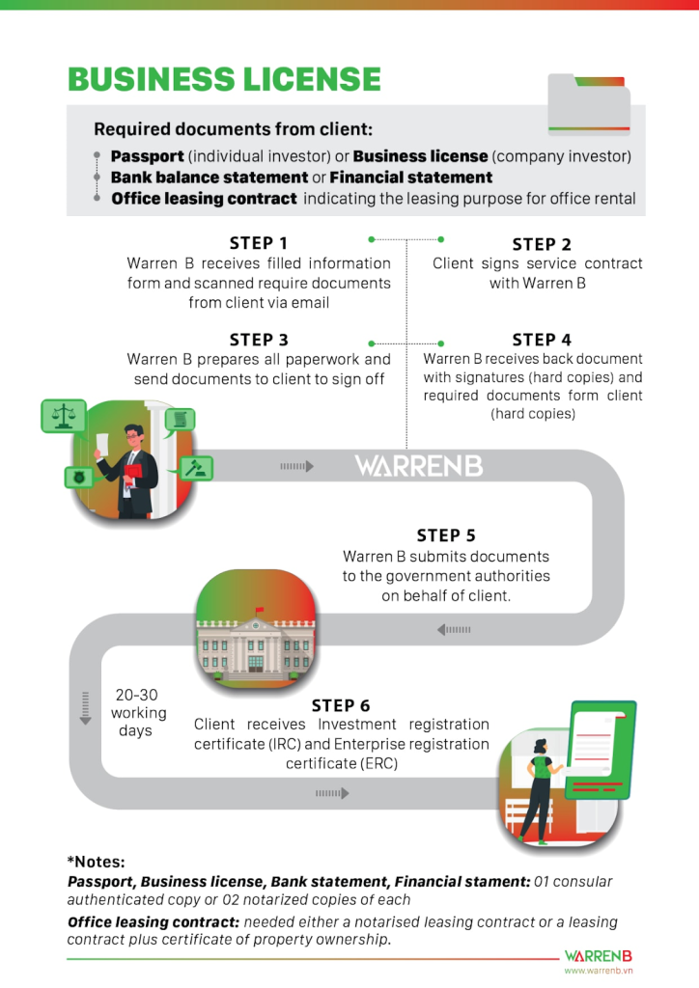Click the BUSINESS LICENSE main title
click(224, 79)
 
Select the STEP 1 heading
click(259, 243)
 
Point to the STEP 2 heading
click(542, 244)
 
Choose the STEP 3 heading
click(259, 340)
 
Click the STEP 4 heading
click(542, 340)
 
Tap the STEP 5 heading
click(446, 535)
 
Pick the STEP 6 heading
click(341, 705)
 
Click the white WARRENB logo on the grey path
click(418, 466)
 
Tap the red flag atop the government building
click(259, 609)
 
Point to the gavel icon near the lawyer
click(197, 469)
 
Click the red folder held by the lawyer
click(132, 474)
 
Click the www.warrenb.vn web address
click(598, 971)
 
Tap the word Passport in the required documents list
click(147, 156)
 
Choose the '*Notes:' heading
click(97, 862)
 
